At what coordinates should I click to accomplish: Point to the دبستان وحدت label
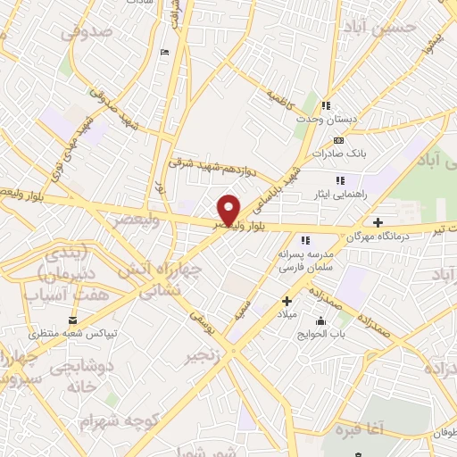[x=328, y=119]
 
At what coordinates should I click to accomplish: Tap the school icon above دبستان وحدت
[x=327, y=104]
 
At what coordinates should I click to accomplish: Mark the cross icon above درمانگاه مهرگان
[x=378, y=222]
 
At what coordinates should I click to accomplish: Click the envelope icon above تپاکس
[x=72, y=320]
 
